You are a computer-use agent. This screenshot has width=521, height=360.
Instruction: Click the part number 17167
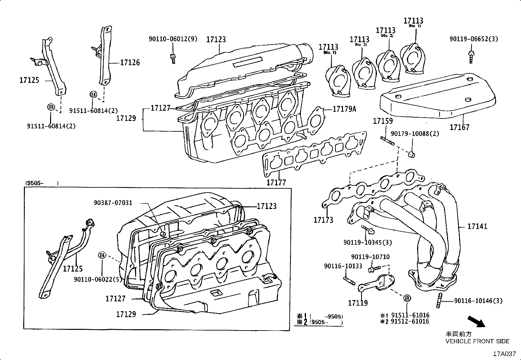(x=459, y=127)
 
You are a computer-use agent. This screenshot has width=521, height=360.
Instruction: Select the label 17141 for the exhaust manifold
(x=477, y=226)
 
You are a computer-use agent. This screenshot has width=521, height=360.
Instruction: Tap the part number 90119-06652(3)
(x=474, y=39)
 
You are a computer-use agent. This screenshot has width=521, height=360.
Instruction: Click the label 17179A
(x=344, y=109)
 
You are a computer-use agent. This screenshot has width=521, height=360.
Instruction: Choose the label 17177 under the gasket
(x=276, y=182)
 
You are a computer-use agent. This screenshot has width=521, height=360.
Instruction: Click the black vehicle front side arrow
(x=476, y=321)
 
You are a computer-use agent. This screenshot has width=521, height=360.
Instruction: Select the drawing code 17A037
(x=504, y=354)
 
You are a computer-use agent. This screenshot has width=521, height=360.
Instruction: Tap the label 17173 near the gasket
(x=323, y=220)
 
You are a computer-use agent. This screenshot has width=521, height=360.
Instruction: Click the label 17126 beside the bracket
(x=130, y=62)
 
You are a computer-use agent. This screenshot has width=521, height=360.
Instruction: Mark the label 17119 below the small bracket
(x=358, y=303)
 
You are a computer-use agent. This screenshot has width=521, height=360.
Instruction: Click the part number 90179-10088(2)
(x=415, y=134)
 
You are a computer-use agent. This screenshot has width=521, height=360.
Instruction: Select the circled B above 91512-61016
(x=407, y=298)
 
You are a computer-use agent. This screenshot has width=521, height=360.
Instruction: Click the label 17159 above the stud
(x=383, y=121)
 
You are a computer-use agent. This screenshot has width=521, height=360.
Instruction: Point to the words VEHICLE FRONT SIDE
(x=477, y=341)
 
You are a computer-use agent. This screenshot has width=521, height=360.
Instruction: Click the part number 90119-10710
(x=370, y=257)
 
